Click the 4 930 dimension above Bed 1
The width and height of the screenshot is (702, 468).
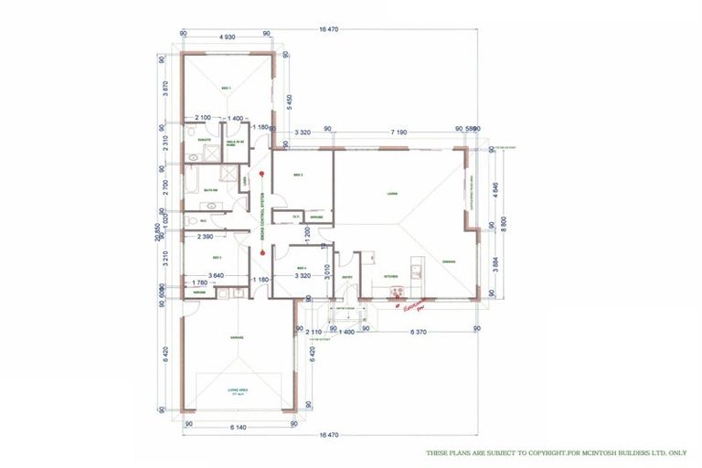[228, 36]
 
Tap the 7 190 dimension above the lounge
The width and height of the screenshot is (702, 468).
[399, 133]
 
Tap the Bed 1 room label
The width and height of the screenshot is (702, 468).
[227, 88]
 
